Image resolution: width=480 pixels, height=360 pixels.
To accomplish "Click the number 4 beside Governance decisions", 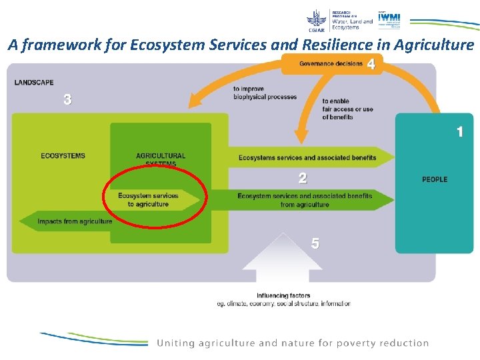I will [x=371, y=64].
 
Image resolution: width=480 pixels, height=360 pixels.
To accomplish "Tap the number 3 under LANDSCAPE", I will [x=67, y=99].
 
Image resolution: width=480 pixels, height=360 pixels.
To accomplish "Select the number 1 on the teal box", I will [x=459, y=132].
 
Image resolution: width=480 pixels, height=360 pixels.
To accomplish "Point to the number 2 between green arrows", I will [x=303, y=178].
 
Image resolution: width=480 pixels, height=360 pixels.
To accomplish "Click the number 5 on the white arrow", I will [x=315, y=244].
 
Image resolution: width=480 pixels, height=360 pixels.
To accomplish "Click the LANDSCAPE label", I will [x=34, y=83].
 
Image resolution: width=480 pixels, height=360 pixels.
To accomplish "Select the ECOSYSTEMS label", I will [x=63, y=156].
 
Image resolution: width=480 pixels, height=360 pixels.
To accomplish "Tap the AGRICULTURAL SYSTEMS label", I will [x=161, y=159].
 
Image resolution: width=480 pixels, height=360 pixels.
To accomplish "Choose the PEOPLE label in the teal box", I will [x=435, y=179].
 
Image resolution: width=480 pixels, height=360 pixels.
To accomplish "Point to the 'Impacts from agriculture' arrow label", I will [x=75, y=221].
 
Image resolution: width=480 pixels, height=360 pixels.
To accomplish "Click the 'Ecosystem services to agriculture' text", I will [x=148, y=200].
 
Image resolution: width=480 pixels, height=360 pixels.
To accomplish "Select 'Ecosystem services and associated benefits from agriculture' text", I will [x=305, y=200].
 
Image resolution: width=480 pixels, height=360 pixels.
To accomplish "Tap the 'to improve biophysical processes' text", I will [x=265, y=93].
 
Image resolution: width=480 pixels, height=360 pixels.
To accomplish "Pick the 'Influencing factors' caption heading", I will [x=283, y=296].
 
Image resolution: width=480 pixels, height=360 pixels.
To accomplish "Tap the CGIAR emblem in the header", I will [x=317, y=20].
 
